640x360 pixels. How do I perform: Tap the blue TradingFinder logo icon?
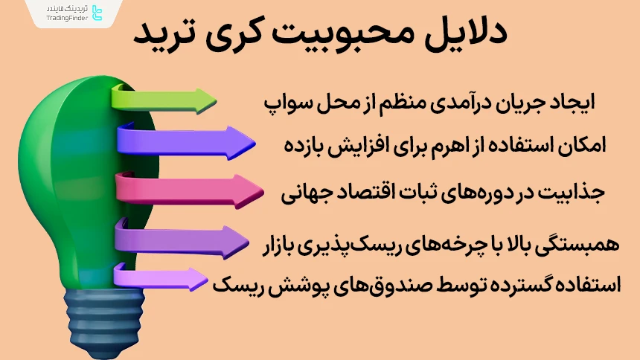pyautogui.click(x=96, y=13)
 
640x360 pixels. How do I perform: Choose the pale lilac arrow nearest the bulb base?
pyautogui.click(x=160, y=279)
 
